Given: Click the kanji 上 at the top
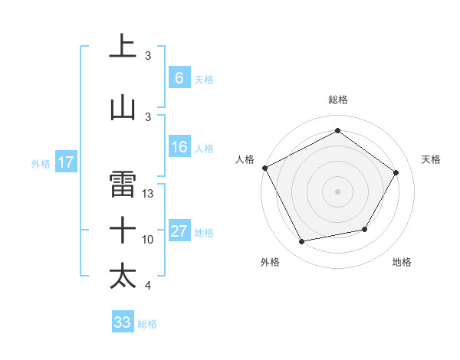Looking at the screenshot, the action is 123,47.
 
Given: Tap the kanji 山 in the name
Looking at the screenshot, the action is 123,108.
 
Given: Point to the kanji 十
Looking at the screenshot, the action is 123,230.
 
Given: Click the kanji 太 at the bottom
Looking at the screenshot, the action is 123,276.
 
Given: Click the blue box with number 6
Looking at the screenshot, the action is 179,78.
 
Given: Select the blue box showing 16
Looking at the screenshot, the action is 179,148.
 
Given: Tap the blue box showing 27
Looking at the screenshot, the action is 179,232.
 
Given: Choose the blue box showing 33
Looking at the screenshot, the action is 122,322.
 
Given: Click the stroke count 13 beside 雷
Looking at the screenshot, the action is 148,194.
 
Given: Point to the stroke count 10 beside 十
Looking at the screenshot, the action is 148,240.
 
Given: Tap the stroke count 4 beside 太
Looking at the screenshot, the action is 148,286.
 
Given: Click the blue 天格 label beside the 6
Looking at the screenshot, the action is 204,79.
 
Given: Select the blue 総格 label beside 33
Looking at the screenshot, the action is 147,323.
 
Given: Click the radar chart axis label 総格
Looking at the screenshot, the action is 337,100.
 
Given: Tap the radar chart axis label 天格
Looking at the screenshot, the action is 431,159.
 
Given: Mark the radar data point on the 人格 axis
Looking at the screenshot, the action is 265,168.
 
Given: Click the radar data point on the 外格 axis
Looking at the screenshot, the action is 302,242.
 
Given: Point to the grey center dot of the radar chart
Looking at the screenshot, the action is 337,191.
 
